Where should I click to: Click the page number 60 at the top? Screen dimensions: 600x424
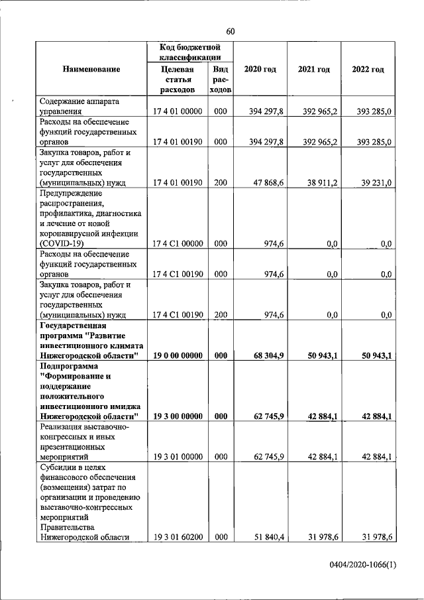(230, 32)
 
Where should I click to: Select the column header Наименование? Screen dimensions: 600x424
(91, 69)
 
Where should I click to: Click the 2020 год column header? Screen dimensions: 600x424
(260, 69)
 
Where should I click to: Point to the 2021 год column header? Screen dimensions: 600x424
(313, 69)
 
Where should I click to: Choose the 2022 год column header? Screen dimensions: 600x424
(368, 69)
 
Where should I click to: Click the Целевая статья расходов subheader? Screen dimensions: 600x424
(178, 79)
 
